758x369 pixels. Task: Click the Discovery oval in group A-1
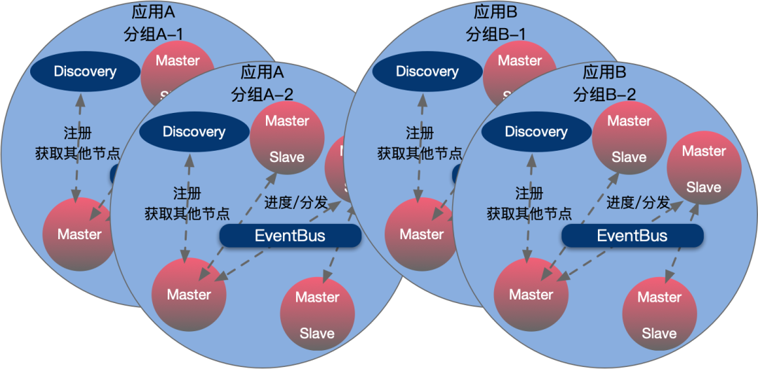[84, 71]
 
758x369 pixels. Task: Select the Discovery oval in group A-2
[194, 132]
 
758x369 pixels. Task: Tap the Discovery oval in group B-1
[427, 71]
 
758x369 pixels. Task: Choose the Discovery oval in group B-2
[536, 132]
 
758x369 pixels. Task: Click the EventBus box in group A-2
[290, 236]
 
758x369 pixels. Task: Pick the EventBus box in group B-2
[632, 236]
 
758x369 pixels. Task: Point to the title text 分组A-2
[262, 94]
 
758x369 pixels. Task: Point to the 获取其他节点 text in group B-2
[529, 213]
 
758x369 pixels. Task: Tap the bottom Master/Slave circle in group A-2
[317, 314]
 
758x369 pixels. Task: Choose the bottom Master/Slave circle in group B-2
[659, 314]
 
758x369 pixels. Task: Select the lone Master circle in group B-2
[531, 295]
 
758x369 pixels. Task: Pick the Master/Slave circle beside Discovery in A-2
[287, 139]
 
